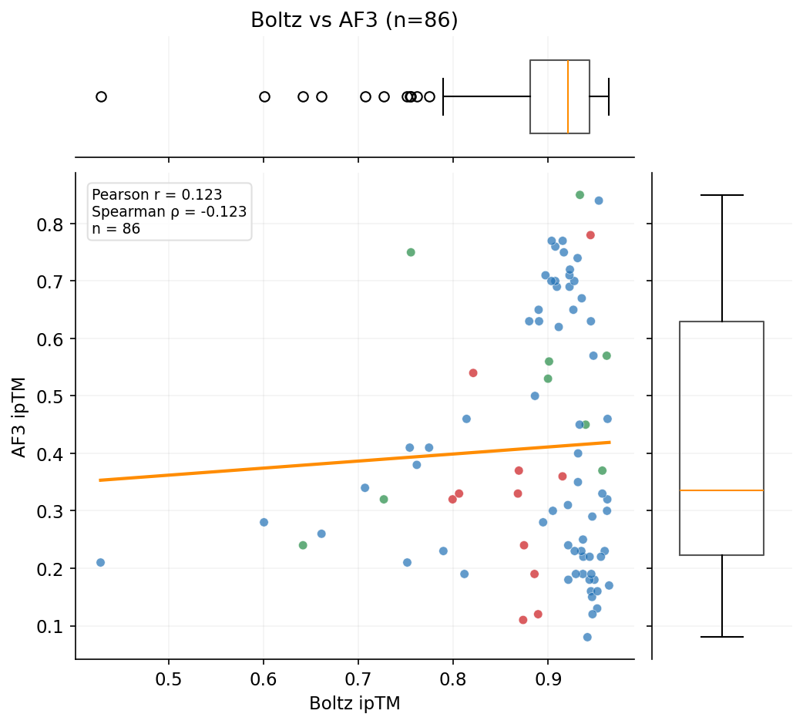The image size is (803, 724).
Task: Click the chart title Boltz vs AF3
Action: pyautogui.click(x=354, y=21)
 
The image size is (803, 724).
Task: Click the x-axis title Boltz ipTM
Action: pyautogui.click(x=354, y=703)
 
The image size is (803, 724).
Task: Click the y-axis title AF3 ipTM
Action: pyautogui.click(x=19, y=417)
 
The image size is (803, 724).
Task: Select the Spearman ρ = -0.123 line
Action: pyautogui.click(x=169, y=212)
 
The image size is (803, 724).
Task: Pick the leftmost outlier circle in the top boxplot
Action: pyautogui.click(x=101, y=96)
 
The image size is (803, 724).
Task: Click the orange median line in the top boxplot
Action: pyautogui.click(x=568, y=96)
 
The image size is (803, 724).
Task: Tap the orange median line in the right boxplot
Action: pyautogui.click(x=721, y=490)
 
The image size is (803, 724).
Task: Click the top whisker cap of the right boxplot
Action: pyautogui.click(x=721, y=195)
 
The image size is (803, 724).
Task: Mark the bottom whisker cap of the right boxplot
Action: pyautogui.click(x=721, y=637)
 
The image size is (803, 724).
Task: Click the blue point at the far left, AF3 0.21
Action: pyautogui.click(x=100, y=563)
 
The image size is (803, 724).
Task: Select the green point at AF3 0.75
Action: pyautogui.click(x=411, y=252)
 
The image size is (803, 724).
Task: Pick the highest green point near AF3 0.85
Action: pyautogui.click(x=580, y=195)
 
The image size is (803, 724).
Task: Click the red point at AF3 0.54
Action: pyautogui.click(x=473, y=373)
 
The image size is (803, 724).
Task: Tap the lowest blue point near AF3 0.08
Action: pyautogui.click(x=587, y=637)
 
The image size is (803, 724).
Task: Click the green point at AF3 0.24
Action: pyautogui.click(x=303, y=545)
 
